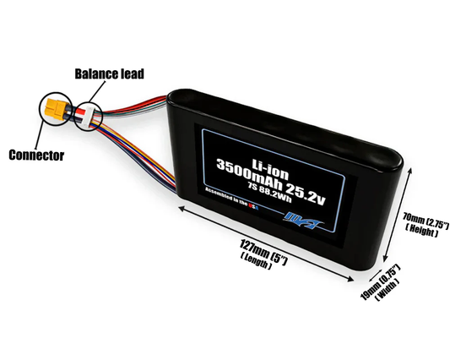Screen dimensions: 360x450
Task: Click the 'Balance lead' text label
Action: coord(111,74)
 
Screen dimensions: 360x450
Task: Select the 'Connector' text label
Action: coord(35,155)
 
